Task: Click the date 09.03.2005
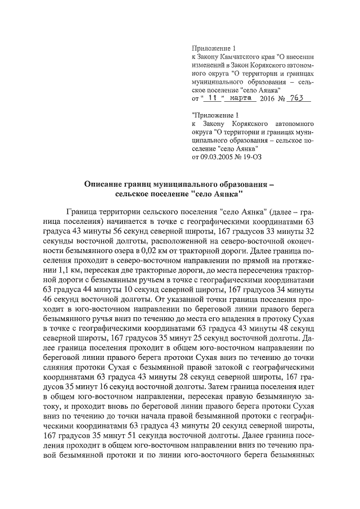(x=221, y=157)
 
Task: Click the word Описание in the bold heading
(x=104, y=184)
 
